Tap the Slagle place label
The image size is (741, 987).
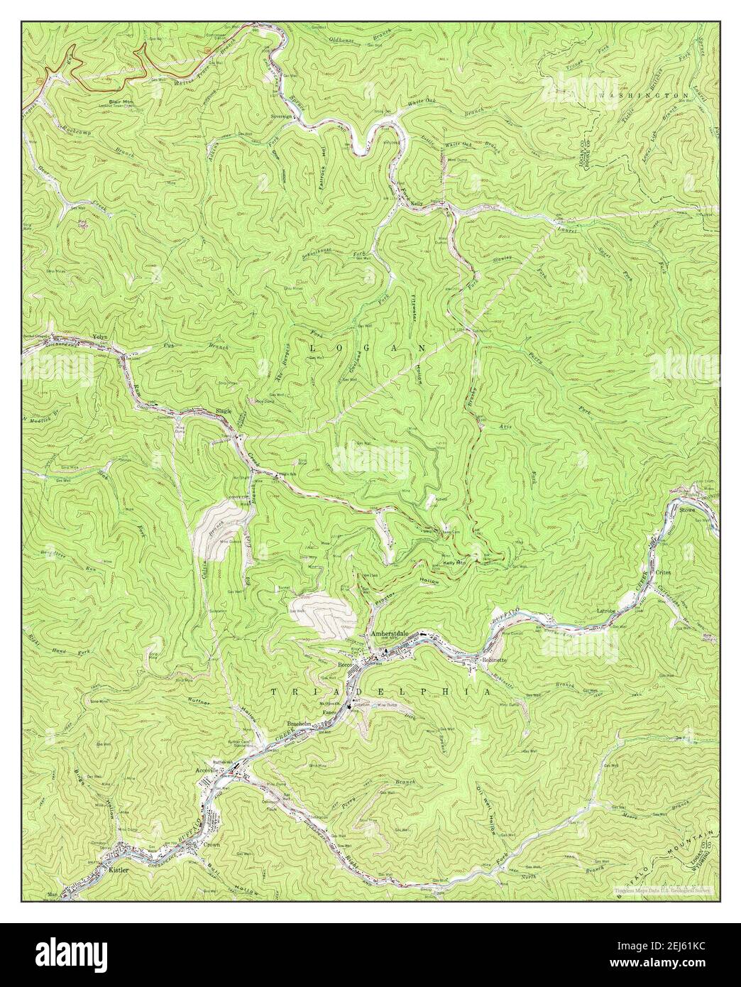pos(225,411)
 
